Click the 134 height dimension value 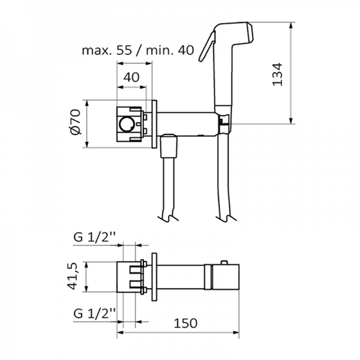pos(277,74)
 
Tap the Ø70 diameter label pos(76,122)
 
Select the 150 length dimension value pos(185,323)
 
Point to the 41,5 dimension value pos(73,276)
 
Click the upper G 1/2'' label pos(95,238)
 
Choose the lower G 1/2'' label pos(95,313)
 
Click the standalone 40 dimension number pos(131,77)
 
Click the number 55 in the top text pos(124,50)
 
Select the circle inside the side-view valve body pos(127,124)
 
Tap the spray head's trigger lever pos(207,47)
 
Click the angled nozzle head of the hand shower pos(241,33)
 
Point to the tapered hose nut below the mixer pos(169,146)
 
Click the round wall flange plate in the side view pos(154,124)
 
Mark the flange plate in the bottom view pos(154,277)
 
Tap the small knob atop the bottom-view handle pos(224,262)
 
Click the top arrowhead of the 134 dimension pos(291,25)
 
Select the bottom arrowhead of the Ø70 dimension pos(87,145)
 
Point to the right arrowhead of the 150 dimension pos(236,332)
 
